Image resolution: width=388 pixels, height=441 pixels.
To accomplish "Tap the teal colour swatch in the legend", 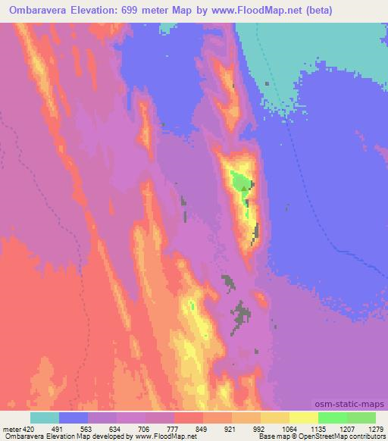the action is coord(45,418).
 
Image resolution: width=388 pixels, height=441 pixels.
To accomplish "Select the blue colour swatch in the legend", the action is coord(74,418).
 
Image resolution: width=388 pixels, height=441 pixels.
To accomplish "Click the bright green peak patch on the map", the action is coord(239,183).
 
